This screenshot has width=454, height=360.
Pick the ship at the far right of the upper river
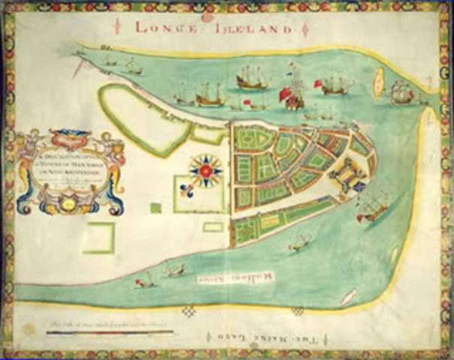pos(401,93)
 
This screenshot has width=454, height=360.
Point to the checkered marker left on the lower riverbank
pos(189,310)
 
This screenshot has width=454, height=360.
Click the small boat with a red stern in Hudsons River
pos(145,282)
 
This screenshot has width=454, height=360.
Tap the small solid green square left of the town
pos(155,208)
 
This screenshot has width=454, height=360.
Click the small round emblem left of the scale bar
pos(30,328)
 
